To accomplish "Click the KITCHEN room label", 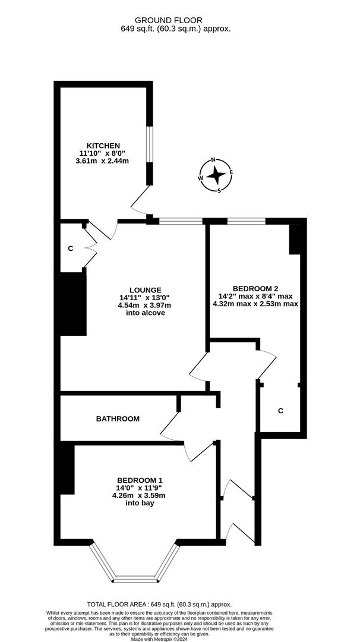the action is point(103,146).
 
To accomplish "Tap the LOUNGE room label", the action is point(146,290).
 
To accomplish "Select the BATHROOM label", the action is point(118,418).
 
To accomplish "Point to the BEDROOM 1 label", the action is point(140,480).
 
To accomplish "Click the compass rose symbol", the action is point(216,175).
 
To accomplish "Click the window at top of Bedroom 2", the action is point(246,221).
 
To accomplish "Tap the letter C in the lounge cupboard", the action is point(70,248).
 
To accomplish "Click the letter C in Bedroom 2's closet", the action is point(280,411).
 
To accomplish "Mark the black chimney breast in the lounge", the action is point(73,304).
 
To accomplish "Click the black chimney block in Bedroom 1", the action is point(67,469).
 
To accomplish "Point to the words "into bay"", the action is point(140,503).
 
